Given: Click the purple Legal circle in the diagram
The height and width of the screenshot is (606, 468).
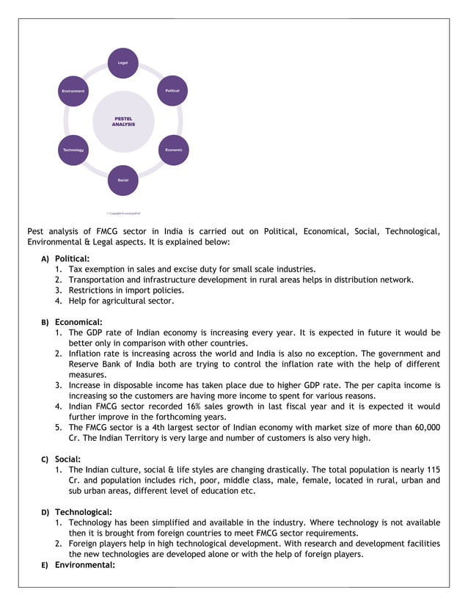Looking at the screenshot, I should (x=123, y=63).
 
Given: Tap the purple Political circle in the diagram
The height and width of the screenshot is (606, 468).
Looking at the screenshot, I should (x=173, y=91).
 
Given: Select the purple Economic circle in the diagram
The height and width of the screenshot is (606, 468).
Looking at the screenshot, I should (x=174, y=150).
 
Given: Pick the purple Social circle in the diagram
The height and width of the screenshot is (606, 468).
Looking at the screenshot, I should (x=123, y=180).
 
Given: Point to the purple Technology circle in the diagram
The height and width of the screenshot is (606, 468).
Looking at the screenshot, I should (x=73, y=150).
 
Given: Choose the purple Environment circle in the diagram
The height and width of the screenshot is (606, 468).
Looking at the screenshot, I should (x=73, y=91).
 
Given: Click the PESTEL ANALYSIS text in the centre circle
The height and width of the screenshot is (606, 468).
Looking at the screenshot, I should (x=123, y=122).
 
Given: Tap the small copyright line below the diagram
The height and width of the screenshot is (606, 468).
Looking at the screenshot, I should (x=123, y=213).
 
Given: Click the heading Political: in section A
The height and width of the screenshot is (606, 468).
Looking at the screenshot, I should (x=72, y=258).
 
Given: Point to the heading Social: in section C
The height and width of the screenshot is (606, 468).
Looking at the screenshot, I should (x=67, y=459).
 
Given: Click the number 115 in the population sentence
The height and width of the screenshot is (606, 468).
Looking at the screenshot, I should (x=433, y=470).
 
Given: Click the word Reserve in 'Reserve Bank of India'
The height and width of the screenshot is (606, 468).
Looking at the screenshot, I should (x=85, y=364).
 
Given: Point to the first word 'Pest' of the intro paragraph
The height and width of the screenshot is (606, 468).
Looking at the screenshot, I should (x=36, y=231).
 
